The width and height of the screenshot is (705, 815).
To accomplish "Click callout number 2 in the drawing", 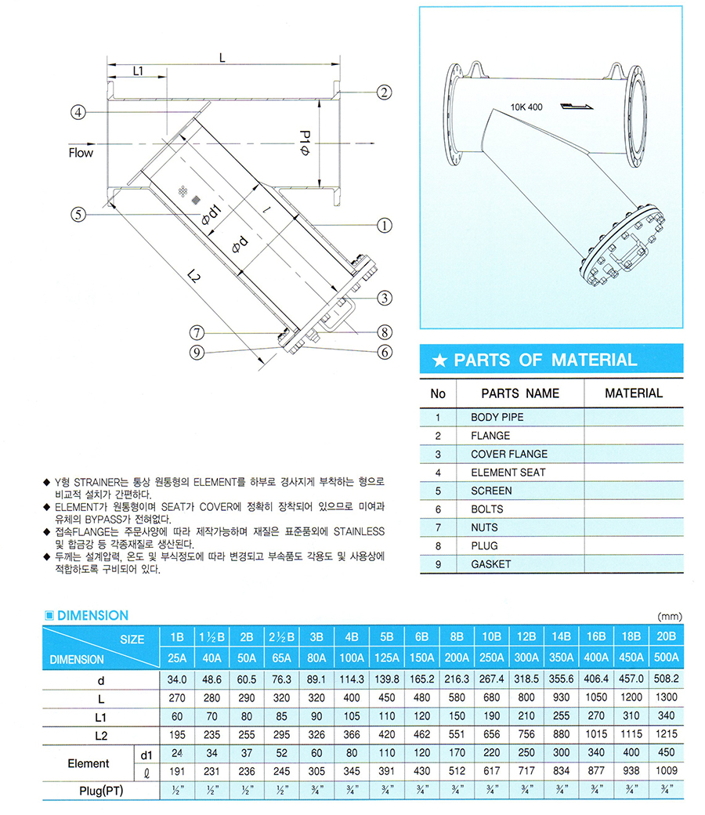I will tap(384, 92).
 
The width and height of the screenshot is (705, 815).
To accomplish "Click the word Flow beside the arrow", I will tap(81, 152).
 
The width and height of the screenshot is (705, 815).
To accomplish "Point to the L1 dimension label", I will tap(138, 71).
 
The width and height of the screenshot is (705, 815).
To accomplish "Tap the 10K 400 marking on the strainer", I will tap(526, 106).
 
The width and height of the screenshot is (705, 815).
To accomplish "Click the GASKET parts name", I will tap(490, 564).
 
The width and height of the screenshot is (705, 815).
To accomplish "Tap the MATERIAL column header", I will tap(634, 393).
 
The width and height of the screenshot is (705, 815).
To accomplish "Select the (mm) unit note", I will tap(671, 616).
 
